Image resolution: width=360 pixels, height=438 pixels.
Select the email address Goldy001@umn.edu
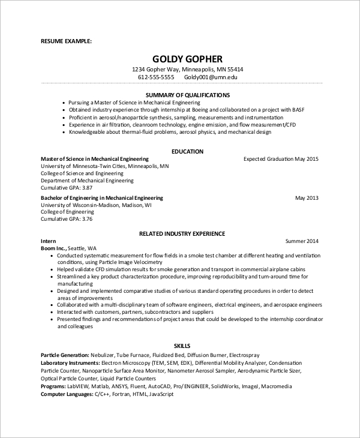point(211,77)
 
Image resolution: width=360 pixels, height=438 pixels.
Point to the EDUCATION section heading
point(187,152)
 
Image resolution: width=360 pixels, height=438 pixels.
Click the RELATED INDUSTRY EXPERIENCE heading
point(182,233)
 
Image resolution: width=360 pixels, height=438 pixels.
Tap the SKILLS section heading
point(182,346)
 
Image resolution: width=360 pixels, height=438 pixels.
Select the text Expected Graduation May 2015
point(281,159)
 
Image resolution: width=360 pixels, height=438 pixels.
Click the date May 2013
point(307,197)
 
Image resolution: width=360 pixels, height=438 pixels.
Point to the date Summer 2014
point(302,241)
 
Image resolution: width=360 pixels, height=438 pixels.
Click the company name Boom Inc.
point(53,248)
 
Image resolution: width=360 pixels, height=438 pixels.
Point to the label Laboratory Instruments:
point(70,363)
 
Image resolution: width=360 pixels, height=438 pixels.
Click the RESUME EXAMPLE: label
point(66,41)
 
